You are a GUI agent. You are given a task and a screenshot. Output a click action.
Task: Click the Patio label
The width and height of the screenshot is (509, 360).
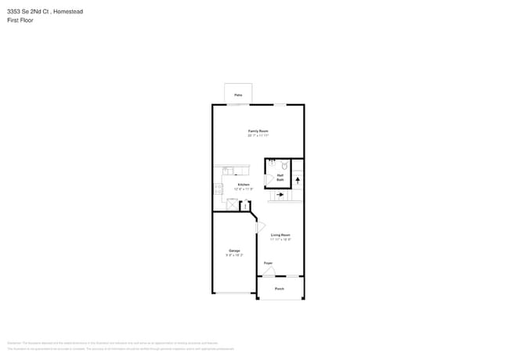(x=238, y=95)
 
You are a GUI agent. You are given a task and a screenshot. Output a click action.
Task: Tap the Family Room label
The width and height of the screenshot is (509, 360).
(x=258, y=131)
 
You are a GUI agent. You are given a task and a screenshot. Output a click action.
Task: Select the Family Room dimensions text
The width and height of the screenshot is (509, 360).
(x=258, y=135)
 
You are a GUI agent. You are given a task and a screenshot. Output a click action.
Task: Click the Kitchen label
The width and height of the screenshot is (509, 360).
(x=244, y=185)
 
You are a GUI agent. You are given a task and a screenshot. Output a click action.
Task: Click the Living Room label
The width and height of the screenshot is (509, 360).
(x=280, y=235)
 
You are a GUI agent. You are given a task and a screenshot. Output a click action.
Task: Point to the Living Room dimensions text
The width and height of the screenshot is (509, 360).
(x=280, y=239)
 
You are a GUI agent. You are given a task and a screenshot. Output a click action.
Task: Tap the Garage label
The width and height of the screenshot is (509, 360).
(x=234, y=250)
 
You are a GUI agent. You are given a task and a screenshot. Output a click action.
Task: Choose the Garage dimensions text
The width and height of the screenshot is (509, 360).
(x=234, y=255)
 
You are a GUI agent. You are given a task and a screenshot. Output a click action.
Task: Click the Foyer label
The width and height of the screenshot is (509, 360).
(x=268, y=263)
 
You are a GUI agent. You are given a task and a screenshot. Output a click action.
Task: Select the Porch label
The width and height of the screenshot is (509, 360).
(x=280, y=289)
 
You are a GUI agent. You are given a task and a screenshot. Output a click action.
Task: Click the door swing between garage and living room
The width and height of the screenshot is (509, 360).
(x=260, y=227)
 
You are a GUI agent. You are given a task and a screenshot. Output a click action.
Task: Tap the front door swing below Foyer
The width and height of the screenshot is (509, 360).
(x=269, y=272)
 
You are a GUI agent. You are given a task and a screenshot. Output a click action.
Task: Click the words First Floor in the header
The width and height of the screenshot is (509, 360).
(x=20, y=20)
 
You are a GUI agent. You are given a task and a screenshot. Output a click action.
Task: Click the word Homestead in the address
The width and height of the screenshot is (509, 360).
(x=67, y=12)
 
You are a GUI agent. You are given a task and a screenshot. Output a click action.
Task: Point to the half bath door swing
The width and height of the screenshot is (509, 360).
(x=270, y=179)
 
